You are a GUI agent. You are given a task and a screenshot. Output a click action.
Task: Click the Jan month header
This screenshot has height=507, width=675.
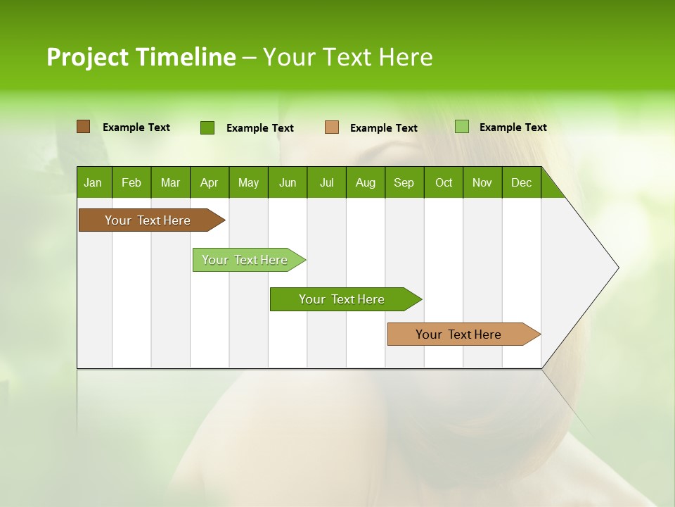tap(94, 182)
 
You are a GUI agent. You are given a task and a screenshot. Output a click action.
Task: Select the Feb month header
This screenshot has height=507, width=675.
tap(131, 182)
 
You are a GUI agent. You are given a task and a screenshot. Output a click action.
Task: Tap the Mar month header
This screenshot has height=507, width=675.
tap(170, 182)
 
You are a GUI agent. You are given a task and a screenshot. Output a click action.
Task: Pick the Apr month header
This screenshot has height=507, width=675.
tap(210, 182)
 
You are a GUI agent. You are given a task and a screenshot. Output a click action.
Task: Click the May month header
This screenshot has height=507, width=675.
tap(248, 182)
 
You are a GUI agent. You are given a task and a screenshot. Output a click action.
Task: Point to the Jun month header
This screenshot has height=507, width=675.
tap(288, 182)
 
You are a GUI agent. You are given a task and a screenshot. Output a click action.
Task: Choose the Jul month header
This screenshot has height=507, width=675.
tap(326, 182)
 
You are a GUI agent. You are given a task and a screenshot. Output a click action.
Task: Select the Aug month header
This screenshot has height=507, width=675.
tap(366, 182)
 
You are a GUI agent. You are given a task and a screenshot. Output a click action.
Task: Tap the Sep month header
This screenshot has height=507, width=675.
tap(404, 182)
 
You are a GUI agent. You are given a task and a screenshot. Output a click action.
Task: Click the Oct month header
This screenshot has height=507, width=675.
tap(444, 182)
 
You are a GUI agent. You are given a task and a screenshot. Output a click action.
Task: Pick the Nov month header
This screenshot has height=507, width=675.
tap(482, 182)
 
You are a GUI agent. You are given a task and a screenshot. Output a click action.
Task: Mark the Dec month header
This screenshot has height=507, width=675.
tap(522, 182)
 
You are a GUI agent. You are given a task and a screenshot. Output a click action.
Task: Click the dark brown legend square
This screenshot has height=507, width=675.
tap(83, 127)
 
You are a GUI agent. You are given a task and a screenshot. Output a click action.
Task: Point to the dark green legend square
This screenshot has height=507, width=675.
tap(207, 127)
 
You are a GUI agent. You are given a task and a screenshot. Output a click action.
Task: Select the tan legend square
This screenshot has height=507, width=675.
tap(332, 127)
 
